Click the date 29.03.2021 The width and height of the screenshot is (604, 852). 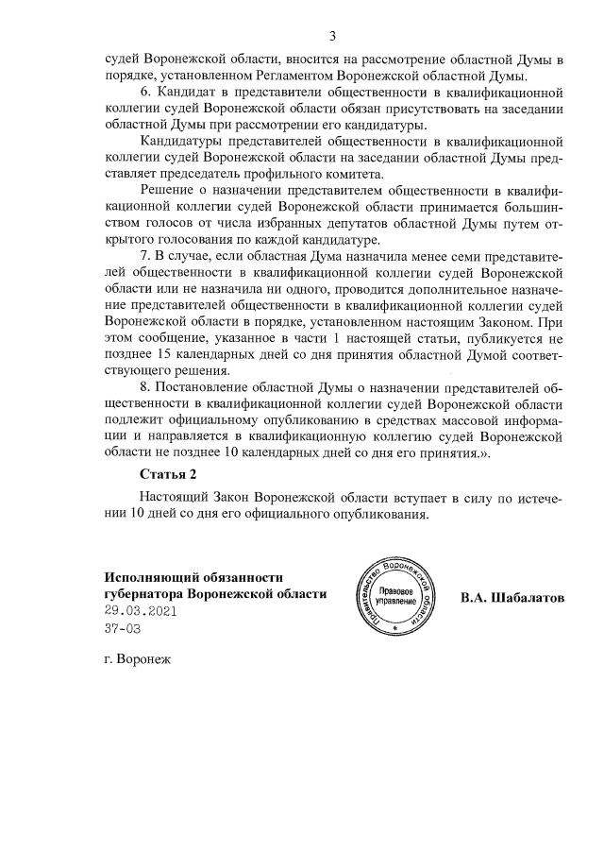141,611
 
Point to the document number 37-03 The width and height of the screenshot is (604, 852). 123,628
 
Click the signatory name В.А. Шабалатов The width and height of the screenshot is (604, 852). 512,597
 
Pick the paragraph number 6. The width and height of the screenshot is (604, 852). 144,94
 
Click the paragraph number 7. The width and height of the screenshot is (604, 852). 144,255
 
